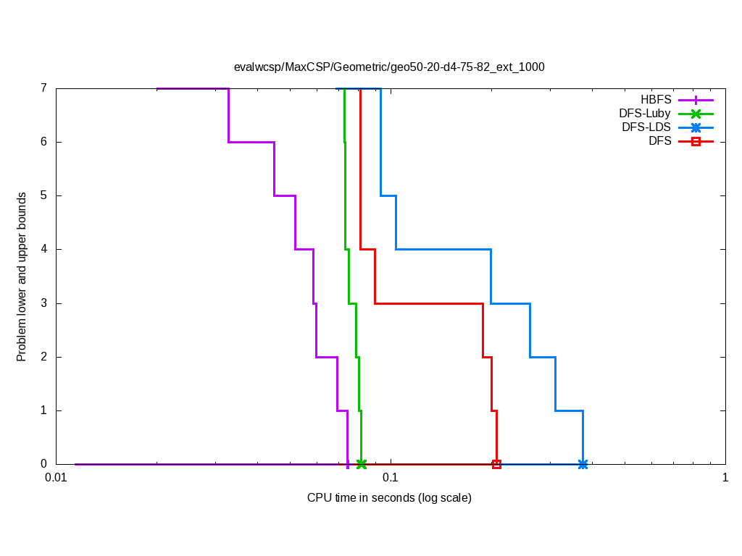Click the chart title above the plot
coord(389,67)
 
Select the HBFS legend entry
coord(656,100)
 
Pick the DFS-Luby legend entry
coord(645,114)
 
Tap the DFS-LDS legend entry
coord(646,127)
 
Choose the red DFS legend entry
coord(660,141)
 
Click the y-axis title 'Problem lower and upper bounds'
coord(22,277)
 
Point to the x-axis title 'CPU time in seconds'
coord(389,498)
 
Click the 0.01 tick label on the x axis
coord(56,478)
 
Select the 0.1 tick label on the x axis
coord(391,478)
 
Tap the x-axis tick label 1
coord(725,478)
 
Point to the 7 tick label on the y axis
coord(43,88)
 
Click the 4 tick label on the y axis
coord(43,249)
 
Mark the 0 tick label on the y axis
coord(43,464)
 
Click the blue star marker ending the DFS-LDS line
coord(583,464)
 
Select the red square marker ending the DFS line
coord(496,464)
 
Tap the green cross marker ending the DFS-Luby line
coord(362,464)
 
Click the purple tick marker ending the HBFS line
coord(348,464)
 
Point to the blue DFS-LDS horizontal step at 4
coord(443,249)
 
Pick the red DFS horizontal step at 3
coord(428,303)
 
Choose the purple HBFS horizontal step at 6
coord(251,142)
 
